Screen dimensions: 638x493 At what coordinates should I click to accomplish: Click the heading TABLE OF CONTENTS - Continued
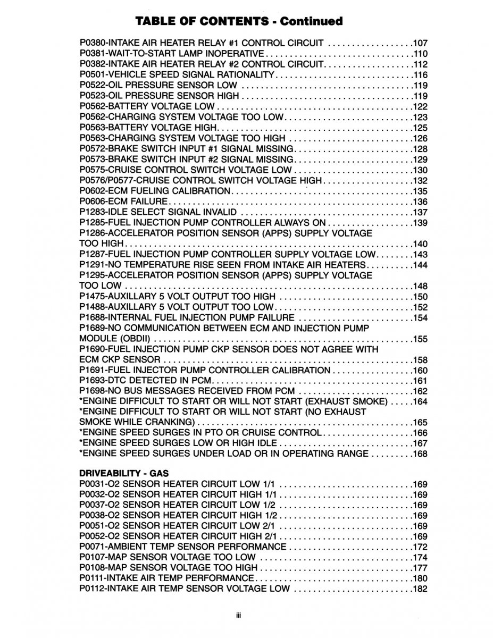coord(239,21)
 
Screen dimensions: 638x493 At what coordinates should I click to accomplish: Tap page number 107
coord(420,43)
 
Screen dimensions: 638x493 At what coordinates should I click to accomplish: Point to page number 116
coord(420,74)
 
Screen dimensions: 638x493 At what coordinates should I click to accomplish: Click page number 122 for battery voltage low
coord(420,106)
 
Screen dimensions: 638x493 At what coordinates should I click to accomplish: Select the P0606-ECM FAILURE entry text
coord(124,202)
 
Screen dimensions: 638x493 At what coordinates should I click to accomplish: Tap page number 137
coord(420,212)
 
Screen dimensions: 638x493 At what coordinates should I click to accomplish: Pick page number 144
coord(420,265)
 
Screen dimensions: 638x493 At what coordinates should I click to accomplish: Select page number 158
coord(420,360)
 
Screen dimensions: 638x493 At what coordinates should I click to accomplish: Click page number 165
coord(420,423)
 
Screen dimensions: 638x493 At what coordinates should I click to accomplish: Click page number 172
coord(420,547)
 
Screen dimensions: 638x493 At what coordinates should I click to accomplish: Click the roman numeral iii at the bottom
coord(239,615)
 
